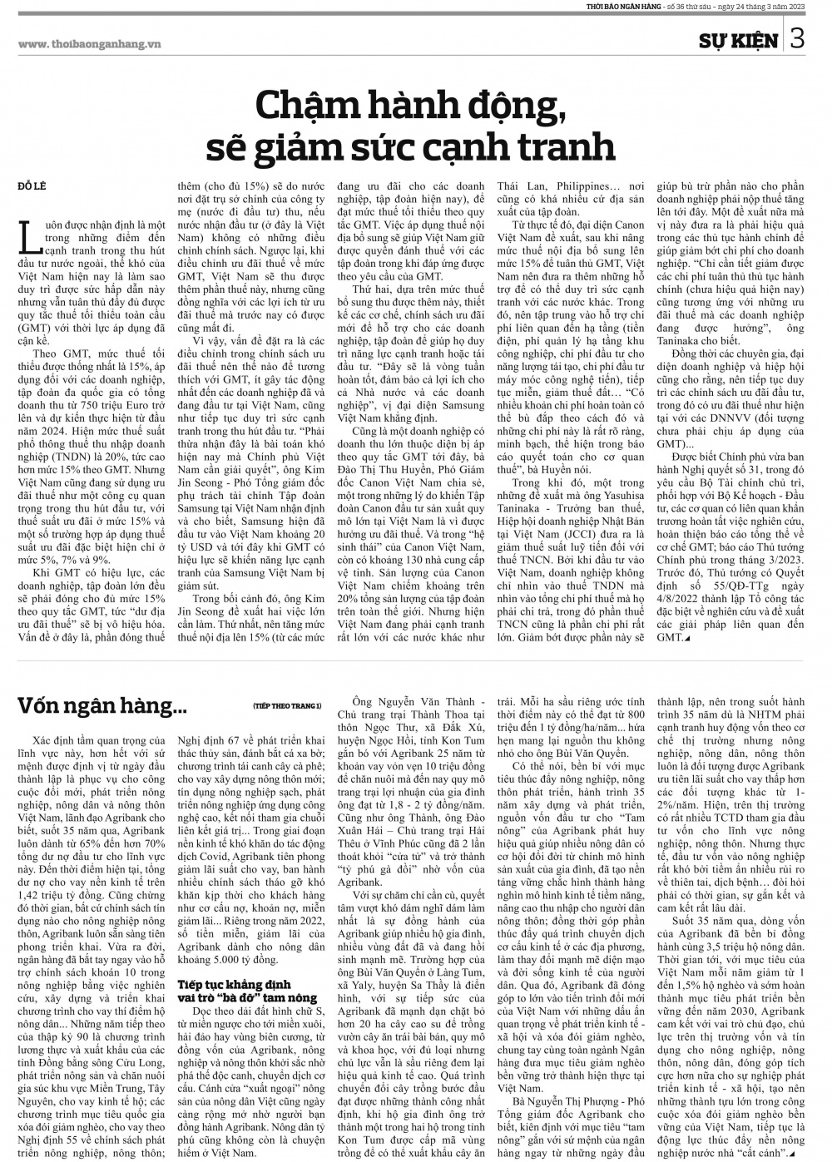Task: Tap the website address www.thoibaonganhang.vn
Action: point(89,43)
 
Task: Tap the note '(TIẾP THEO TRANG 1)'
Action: point(287,706)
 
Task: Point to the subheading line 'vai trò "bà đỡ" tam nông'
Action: point(247,996)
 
